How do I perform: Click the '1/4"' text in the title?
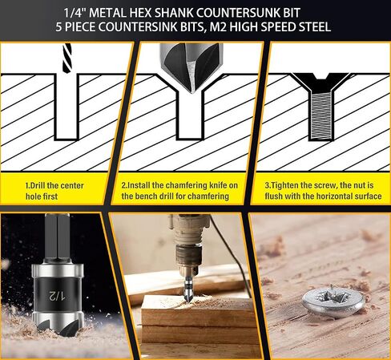tap(75, 13)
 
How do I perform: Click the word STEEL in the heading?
tap(315, 26)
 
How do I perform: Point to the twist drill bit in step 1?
tap(67, 58)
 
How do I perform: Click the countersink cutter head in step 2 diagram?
tap(191, 67)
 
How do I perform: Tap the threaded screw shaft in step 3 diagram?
tap(320, 115)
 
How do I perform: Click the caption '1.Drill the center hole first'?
tap(54, 191)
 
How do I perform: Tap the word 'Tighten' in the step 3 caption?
tap(284, 185)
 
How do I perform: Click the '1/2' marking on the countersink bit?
tap(57, 295)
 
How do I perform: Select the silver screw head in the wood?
tap(334, 301)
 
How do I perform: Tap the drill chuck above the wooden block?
tap(188, 257)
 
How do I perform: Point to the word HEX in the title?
tap(140, 13)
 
